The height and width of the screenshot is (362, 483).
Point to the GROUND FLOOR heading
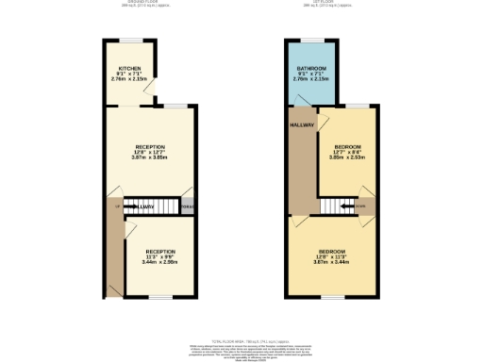152,2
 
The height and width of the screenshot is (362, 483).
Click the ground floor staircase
159,206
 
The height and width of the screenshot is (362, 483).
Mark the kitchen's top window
130,40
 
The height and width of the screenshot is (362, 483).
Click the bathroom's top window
311,40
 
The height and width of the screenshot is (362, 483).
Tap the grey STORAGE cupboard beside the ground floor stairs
187,206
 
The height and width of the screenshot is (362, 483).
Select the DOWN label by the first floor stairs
359,206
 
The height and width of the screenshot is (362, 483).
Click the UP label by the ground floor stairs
117,206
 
